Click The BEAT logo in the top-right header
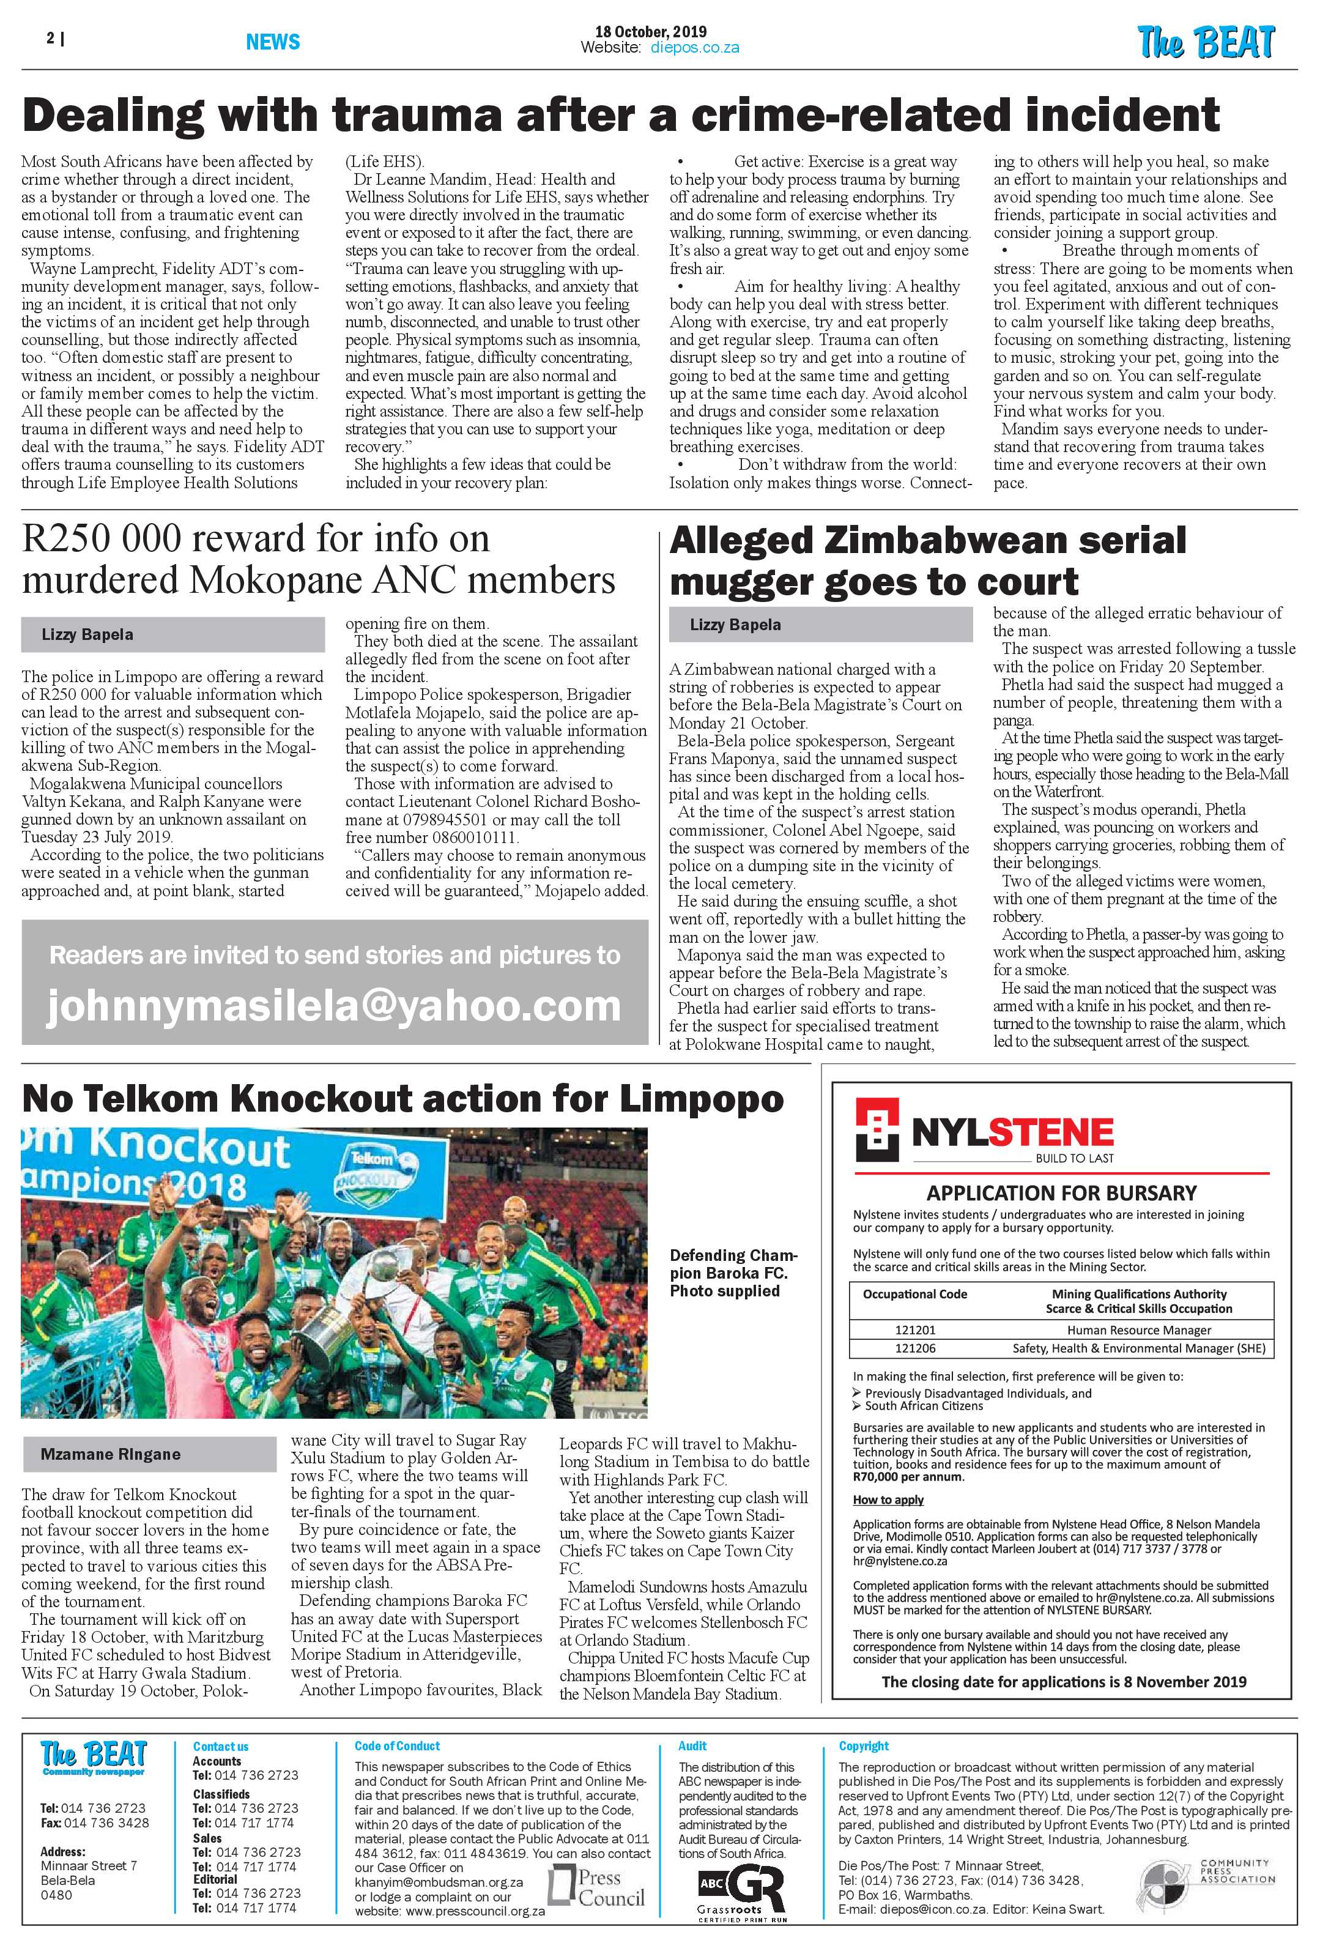tap(1206, 42)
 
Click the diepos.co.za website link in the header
tap(695, 48)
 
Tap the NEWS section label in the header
tap(273, 42)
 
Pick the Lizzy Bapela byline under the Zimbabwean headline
tap(735, 625)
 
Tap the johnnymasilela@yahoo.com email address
tap(334, 1006)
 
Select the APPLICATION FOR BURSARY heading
tap(1061, 1193)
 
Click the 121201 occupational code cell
tap(914, 1330)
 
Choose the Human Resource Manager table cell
tap(1139, 1330)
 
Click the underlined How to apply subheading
tap(888, 1499)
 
